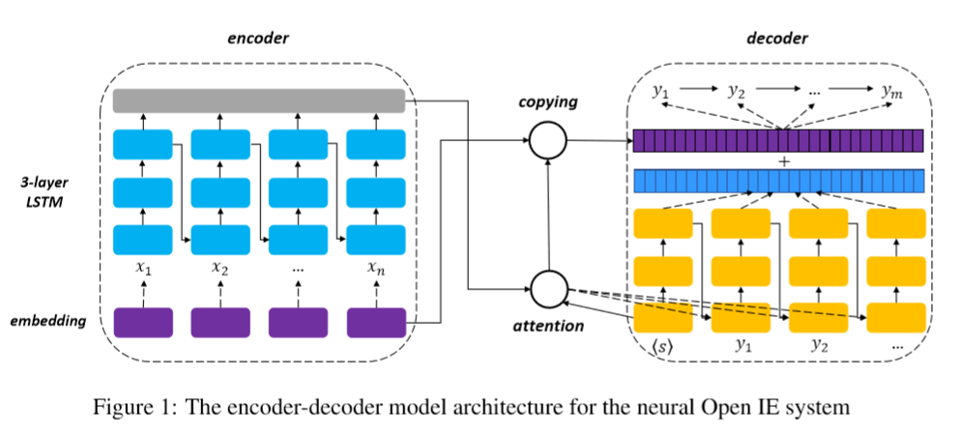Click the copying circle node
[x=547, y=142]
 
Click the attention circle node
[x=548, y=287]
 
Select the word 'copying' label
[x=547, y=102]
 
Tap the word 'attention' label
[x=548, y=326]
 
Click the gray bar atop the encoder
[x=258, y=100]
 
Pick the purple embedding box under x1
[x=142, y=321]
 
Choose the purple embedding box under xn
[x=375, y=321]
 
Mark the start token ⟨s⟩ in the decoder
[x=662, y=345]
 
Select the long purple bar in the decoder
[x=778, y=141]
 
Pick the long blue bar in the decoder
[x=778, y=181]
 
